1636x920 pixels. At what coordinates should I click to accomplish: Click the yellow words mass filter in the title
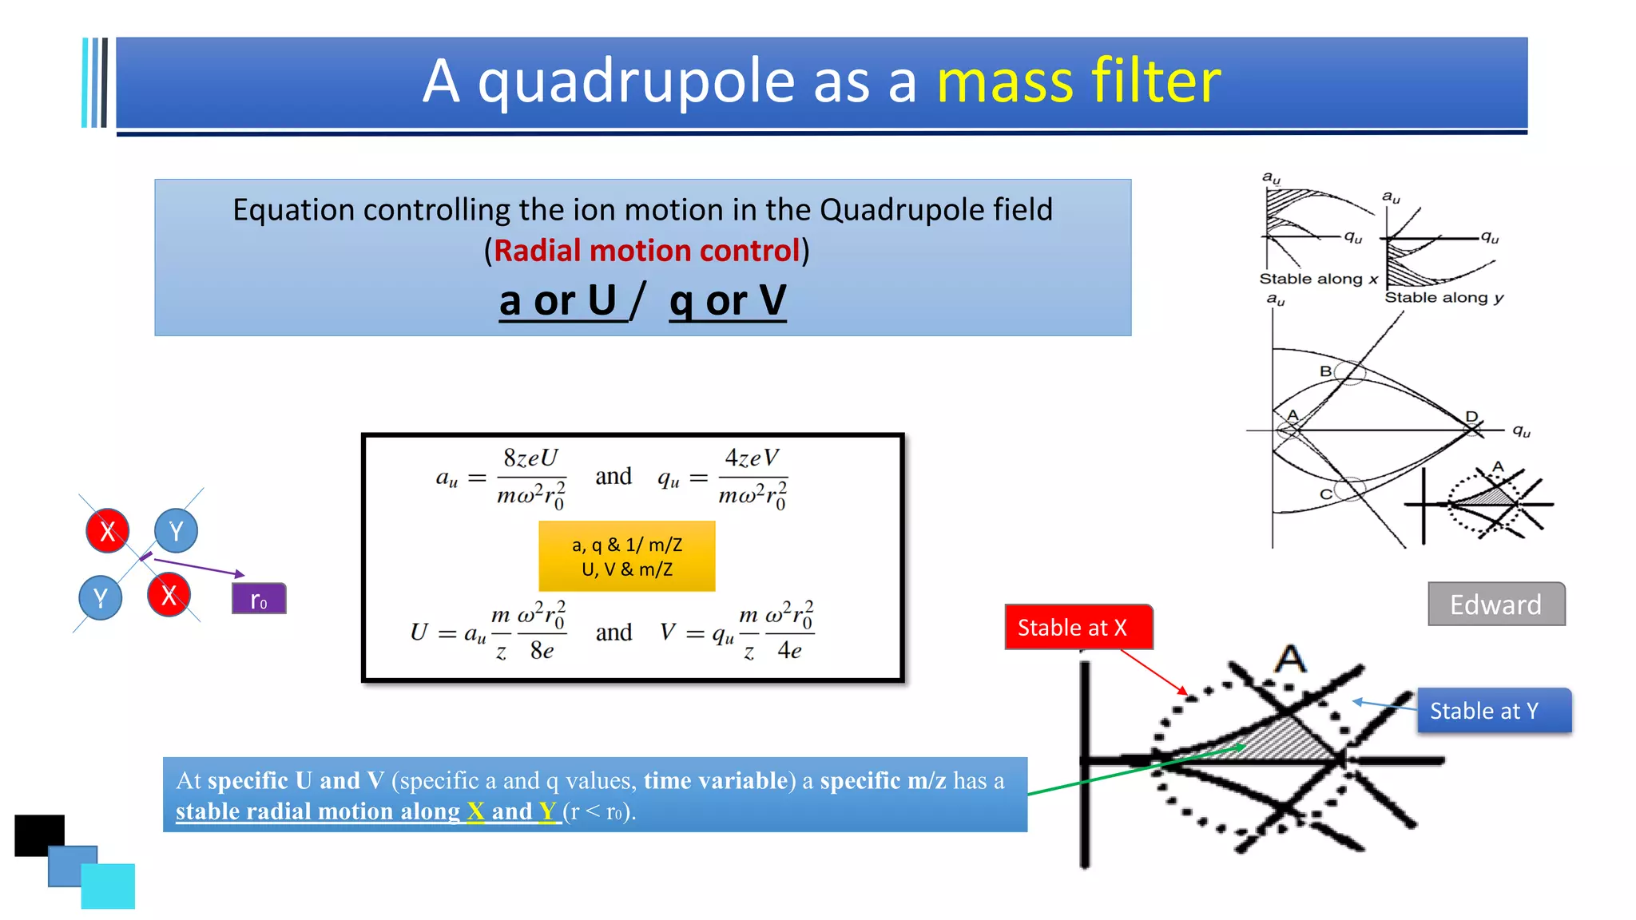[1078, 81]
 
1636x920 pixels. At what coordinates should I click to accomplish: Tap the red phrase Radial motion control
[646, 251]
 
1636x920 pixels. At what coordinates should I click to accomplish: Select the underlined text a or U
[559, 302]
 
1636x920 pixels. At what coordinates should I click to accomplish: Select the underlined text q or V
[728, 302]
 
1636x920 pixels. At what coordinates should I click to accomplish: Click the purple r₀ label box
[259, 599]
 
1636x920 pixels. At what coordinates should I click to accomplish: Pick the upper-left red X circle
[108, 530]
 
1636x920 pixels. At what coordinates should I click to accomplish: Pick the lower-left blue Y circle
[101, 597]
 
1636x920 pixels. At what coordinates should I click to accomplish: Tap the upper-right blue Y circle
[176, 530]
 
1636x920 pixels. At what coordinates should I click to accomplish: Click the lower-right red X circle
[169, 595]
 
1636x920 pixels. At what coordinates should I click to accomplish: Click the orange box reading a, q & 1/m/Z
[627, 557]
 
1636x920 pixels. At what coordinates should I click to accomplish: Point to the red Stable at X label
[1078, 628]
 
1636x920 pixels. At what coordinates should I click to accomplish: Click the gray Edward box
[1496, 605]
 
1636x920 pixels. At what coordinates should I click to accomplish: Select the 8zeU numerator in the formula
[530, 458]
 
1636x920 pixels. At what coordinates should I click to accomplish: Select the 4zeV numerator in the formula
[751, 458]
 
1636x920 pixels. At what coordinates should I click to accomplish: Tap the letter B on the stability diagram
[1325, 371]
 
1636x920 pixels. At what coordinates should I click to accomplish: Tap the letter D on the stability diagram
[1471, 416]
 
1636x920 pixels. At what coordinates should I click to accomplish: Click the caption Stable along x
[1318, 279]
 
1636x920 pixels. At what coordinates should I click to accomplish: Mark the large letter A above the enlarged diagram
[1289, 660]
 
